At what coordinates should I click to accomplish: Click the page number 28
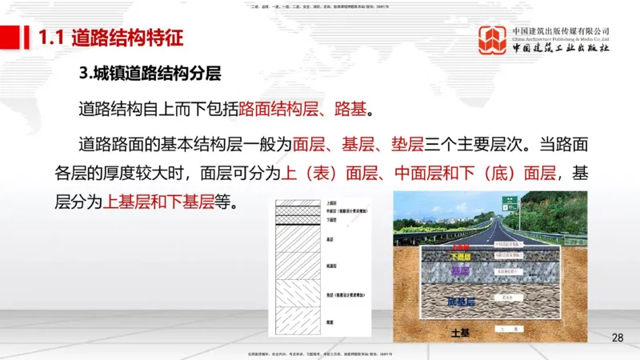click(x=617, y=338)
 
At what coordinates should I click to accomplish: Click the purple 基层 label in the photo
click(x=459, y=272)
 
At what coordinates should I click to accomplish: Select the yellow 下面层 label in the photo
click(x=462, y=258)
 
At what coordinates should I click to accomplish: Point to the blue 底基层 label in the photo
click(x=462, y=302)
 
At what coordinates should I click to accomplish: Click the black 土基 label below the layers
click(x=463, y=331)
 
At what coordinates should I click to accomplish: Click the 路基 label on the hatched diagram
click(x=331, y=322)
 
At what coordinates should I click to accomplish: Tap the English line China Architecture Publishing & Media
click(x=562, y=38)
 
